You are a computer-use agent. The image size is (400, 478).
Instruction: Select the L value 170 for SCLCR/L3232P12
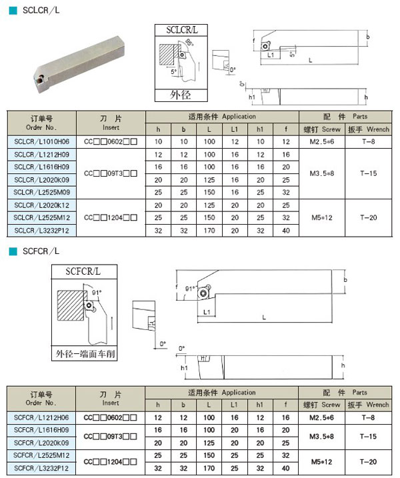point(210,230)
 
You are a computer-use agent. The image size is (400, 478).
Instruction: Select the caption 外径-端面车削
point(85,354)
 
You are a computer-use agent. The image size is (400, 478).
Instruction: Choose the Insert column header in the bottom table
point(111,399)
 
